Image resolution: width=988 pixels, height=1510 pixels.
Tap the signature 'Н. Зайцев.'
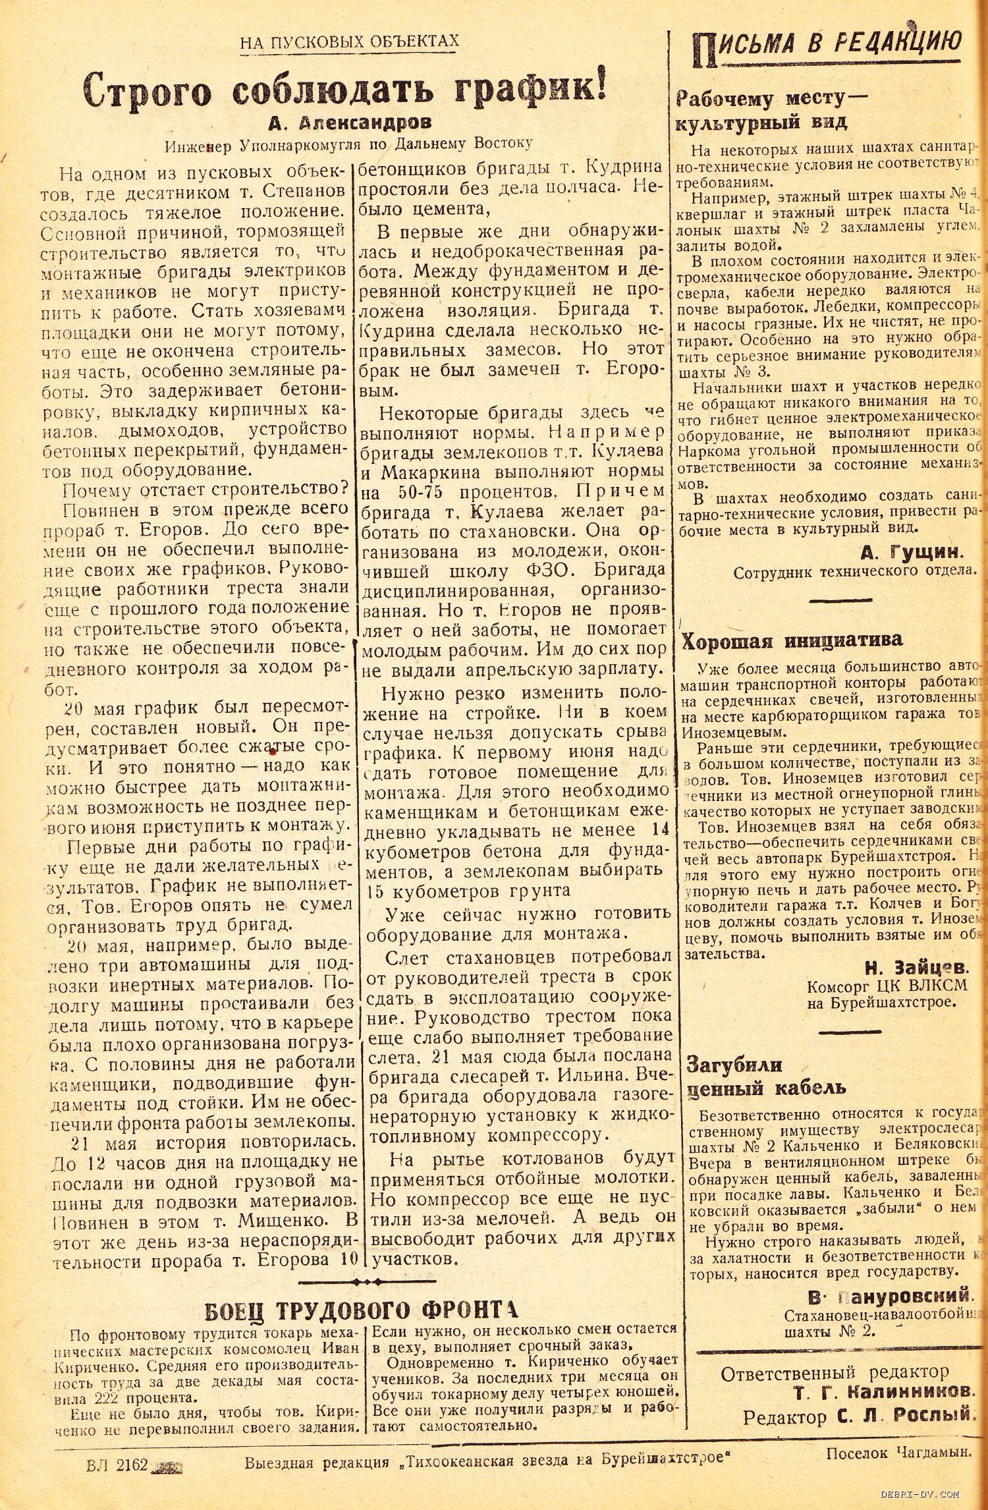coord(916,967)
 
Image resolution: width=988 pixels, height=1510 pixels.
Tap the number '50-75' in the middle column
coord(428,492)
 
